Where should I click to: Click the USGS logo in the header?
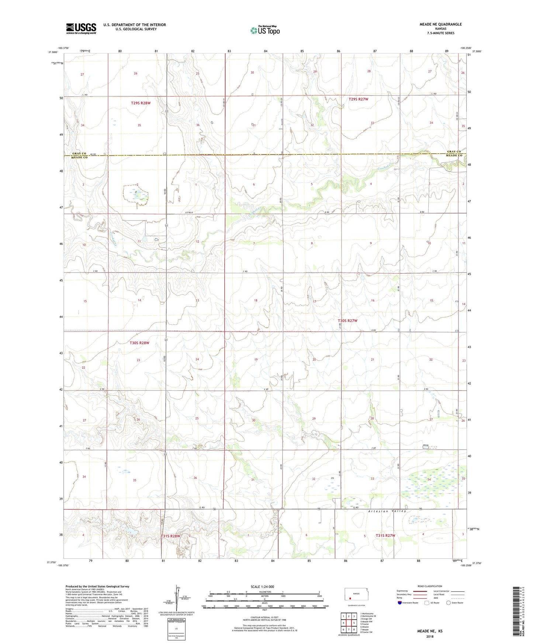(x=81, y=28)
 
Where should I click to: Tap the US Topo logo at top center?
(x=265, y=30)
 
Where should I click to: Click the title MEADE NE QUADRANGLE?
(x=440, y=24)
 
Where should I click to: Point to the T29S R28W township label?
(x=141, y=103)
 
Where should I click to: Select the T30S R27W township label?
(x=347, y=321)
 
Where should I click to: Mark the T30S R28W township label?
(x=139, y=343)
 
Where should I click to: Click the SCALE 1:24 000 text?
(x=262, y=586)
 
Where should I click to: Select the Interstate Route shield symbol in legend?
(x=400, y=603)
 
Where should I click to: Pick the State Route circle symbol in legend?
(x=449, y=603)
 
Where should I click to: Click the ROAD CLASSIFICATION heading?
(x=430, y=586)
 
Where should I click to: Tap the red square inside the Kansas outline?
(x=350, y=599)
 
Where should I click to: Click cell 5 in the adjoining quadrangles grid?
(x=354, y=623)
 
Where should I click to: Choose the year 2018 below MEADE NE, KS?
(x=430, y=636)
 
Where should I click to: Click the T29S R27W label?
(x=358, y=99)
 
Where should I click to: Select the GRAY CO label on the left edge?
(x=79, y=153)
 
